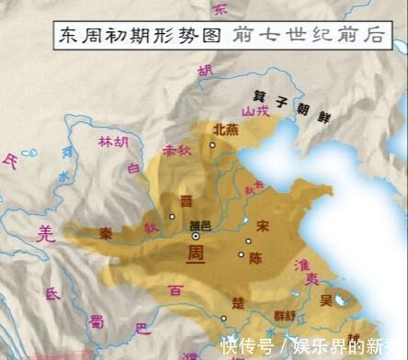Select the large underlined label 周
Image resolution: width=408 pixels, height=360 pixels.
click(196, 253)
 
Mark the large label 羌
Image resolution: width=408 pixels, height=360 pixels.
click(45, 233)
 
